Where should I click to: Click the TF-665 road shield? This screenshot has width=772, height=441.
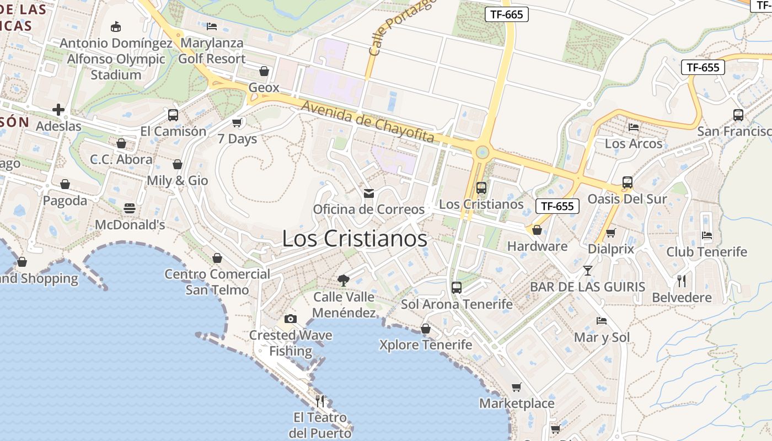coord(506,14)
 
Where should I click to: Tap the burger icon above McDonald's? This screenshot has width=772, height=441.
coord(130,208)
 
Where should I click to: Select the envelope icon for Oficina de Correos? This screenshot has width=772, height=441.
coord(368,193)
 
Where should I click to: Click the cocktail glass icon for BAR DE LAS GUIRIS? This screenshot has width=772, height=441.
coord(587,270)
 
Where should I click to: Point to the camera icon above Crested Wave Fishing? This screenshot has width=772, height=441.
coord(290,319)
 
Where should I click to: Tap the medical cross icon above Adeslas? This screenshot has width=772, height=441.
coord(58,110)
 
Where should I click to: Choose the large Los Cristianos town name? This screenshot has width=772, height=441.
coord(355,239)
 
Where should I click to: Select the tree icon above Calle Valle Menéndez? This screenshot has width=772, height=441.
coord(344,280)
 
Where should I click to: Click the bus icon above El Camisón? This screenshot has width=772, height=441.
coord(173,115)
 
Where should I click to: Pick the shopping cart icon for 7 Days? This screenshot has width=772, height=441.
coord(237,122)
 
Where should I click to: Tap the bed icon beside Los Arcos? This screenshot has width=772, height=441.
coord(634,127)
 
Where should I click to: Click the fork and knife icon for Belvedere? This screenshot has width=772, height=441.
coord(682,281)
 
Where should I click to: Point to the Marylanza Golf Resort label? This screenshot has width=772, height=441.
coord(212,51)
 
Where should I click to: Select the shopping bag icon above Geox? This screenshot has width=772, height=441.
coord(264,71)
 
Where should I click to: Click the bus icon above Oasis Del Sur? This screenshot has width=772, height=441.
coord(627,182)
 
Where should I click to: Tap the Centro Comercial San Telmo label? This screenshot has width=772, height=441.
coord(217,282)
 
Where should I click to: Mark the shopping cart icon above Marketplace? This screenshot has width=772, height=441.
coord(516,387)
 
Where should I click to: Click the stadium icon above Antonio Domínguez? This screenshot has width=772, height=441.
coord(116,26)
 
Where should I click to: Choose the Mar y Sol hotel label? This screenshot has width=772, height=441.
coord(602,337)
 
